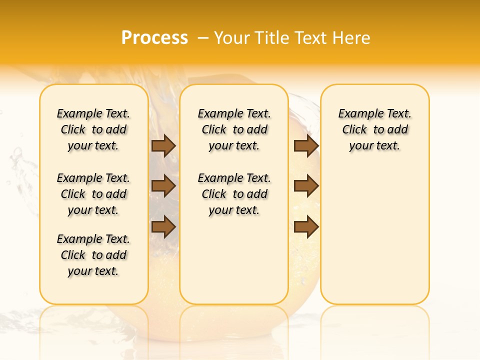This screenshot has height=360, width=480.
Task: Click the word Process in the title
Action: [154, 37]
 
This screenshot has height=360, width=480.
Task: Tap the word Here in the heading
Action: [350, 37]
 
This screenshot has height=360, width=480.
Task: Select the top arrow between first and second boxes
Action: [163, 146]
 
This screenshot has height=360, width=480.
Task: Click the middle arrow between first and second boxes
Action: [163, 186]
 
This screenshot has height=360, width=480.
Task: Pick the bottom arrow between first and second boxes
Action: [163, 226]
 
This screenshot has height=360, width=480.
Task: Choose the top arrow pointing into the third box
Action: [306, 146]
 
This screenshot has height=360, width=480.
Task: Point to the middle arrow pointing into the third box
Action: [306, 186]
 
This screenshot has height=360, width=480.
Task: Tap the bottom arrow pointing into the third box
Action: [306, 227]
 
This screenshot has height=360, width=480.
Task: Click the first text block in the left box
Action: [93, 129]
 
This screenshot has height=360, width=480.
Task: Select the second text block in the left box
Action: [93, 194]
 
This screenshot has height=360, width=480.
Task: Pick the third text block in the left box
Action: [93, 255]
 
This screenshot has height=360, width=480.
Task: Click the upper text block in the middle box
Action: [234, 129]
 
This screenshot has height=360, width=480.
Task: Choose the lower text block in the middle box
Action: [234, 194]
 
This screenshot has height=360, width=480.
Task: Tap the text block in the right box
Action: [374, 129]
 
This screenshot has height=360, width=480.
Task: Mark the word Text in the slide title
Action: [310, 37]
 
